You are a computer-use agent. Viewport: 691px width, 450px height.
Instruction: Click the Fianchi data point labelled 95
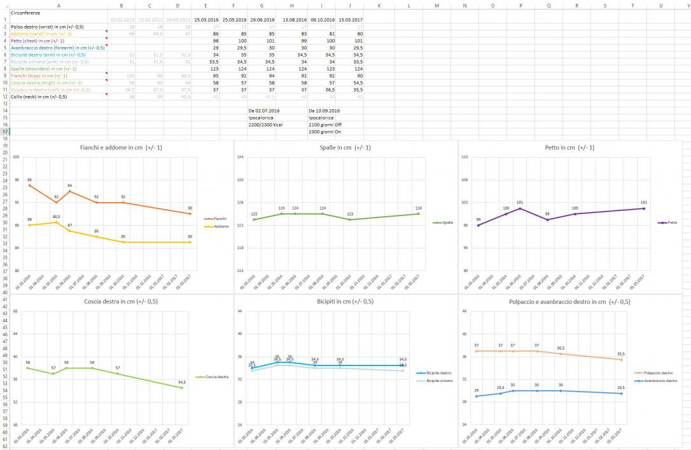pyautogui.click(x=29, y=185)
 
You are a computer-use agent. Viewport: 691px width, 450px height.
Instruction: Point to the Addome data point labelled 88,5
pyautogui.click(x=56, y=222)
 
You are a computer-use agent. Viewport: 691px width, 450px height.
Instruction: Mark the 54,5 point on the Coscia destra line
pyautogui.click(x=182, y=388)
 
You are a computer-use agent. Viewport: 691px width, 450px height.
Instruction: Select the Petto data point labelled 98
pyautogui.click(x=478, y=225)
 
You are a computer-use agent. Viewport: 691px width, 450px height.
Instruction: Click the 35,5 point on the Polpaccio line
pyautogui.click(x=639, y=360)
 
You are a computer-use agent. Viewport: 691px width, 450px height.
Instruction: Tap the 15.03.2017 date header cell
pyautogui.click(x=351, y=20)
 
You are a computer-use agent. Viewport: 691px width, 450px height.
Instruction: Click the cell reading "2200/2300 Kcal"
pyautogui.click(x=265, y=125)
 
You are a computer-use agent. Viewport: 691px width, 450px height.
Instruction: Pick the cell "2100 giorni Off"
pyautogui.click(x=325, y=125)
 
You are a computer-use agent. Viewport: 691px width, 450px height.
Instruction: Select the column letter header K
pyautogui.click(x=379, y=5)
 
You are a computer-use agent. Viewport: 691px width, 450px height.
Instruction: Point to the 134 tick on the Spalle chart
pyautogui.click(x=241, y=157)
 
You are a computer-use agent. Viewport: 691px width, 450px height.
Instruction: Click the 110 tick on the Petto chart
pyautogui.click(x=464, y=157)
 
